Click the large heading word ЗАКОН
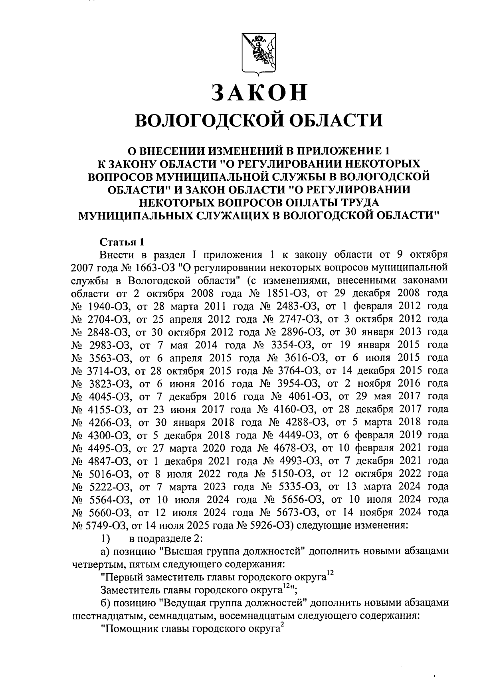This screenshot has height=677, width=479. [259, 92]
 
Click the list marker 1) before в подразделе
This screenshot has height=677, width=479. [106, 538]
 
